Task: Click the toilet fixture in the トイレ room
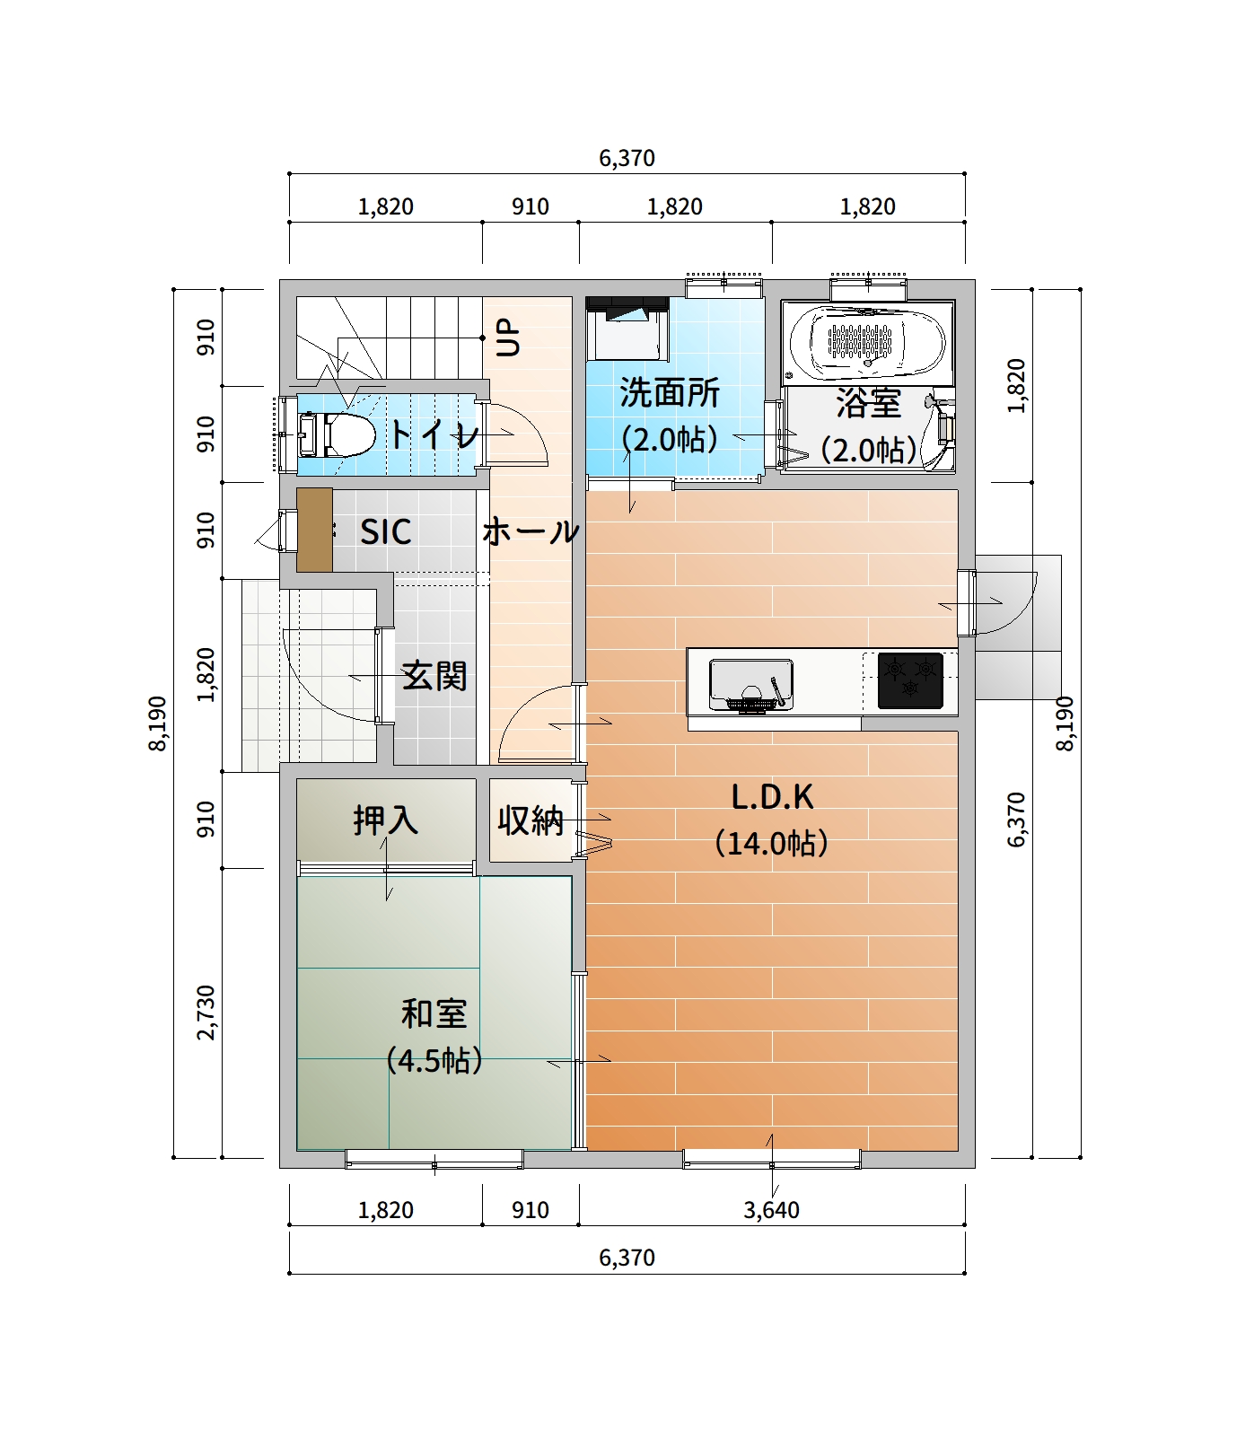point(336,434)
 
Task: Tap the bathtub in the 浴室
point(866,342)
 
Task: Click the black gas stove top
point(910,680)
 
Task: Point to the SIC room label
point(386,531)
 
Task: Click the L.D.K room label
point(772,796)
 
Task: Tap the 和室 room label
point(434,1013)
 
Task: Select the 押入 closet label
point(386,820)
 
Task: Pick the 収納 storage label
point(531,820)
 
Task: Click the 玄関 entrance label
point(434,675)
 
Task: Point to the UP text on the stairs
point(508,338)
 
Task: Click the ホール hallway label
point(531,531)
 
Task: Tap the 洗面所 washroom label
point(670,392)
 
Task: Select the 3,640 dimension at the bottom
point(772,1210)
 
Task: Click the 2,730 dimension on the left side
point(206,1013)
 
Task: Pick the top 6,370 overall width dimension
point(627,159)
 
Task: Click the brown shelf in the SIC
point(315,530)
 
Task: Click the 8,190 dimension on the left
point(158,723)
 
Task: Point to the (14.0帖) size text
point(772,844)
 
